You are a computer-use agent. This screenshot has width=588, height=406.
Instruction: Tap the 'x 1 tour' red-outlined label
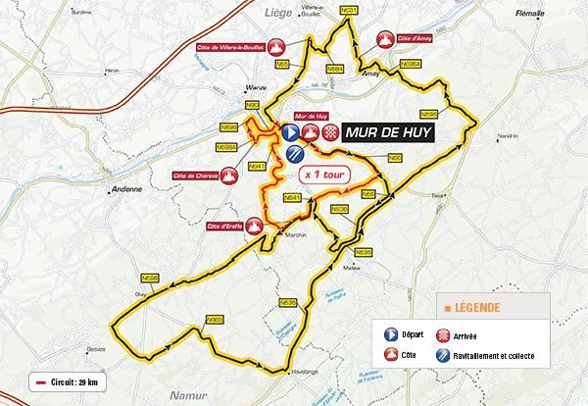click(324, 173)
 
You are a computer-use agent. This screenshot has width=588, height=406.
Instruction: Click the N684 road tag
click(334, 70)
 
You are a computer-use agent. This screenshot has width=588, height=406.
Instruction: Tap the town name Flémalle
click(530, 15)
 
